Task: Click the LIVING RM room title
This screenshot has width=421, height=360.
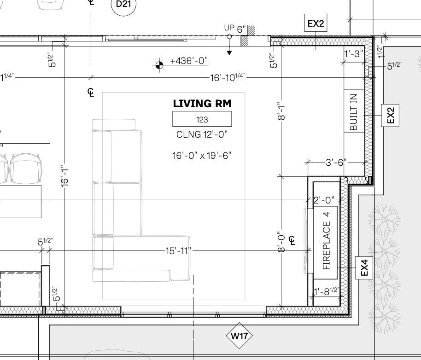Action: (x=202, y=104)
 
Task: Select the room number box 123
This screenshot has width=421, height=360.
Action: (x=202, y=119)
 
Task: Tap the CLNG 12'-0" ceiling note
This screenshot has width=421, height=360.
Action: (x=202, y=134)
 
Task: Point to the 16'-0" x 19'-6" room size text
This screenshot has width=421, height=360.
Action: (x=202, y=156)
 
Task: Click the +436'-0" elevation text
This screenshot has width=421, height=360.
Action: (x=189, y=61)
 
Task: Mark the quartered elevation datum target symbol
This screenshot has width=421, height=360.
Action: (x=159, y=65)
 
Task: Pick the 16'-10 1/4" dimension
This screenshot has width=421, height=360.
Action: (x=228, y=77)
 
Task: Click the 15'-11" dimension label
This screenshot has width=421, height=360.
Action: (x=178, y=251)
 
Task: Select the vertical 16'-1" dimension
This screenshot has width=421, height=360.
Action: (x=64, y=176)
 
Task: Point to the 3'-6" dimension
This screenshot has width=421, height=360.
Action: (x=336, y=163)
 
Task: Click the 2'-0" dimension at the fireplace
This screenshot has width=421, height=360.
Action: (x=324, y=200)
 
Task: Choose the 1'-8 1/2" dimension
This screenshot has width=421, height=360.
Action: (x=327, y=291)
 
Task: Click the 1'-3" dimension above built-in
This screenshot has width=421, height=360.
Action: (x=354, y=54)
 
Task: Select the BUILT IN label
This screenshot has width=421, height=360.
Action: (x=354, y=112)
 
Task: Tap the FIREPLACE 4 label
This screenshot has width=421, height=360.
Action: (x=326, y=241)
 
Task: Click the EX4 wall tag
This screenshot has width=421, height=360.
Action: (x=364, y=268)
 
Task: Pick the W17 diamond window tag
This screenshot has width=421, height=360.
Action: (x=239, y=336)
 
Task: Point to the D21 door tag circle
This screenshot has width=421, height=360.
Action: (x=123, y=4)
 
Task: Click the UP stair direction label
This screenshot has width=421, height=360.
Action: (x=229, y=28)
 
